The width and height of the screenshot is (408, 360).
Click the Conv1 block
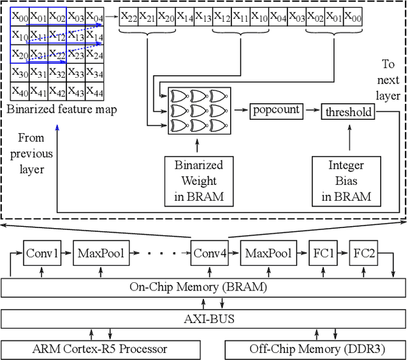click(42, 254)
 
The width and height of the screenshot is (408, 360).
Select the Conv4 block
click(210, 254)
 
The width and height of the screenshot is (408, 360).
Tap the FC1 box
click(323, 254)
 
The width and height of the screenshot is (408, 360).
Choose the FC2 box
click(365, 254)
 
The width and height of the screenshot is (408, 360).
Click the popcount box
click(275, 110)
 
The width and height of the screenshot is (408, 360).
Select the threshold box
click(348, 112)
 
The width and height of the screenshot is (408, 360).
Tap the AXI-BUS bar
click(203, 318)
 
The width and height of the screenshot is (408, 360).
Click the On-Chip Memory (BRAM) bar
click(203, 287)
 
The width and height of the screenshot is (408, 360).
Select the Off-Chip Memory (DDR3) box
click(315, 349)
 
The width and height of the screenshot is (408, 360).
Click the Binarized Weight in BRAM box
click(199, 181)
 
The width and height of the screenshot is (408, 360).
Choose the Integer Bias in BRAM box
click(346, 181)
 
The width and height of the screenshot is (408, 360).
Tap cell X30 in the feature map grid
click(20, 73)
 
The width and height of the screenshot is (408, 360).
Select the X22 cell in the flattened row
click(129, 18)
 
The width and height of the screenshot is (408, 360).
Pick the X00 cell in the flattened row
click(353, 18)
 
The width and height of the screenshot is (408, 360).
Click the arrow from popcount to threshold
click(310, 110)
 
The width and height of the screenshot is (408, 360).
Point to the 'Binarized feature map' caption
click(62, 109)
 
